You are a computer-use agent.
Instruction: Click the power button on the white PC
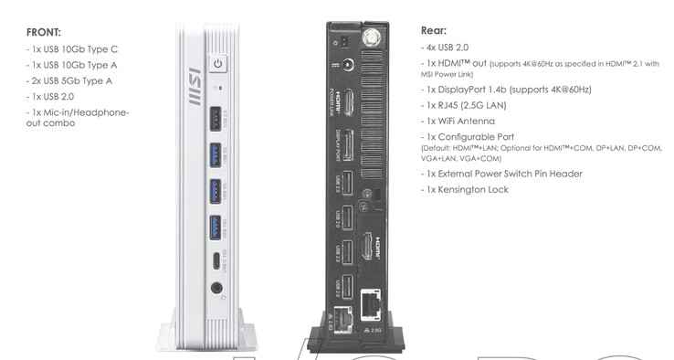click(217, 64)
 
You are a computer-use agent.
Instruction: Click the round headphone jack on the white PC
click(217, 289)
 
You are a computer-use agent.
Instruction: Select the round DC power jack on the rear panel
click(347, 66)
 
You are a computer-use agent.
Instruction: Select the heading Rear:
click(435, 29)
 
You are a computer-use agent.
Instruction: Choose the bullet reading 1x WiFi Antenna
click(463, 120)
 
